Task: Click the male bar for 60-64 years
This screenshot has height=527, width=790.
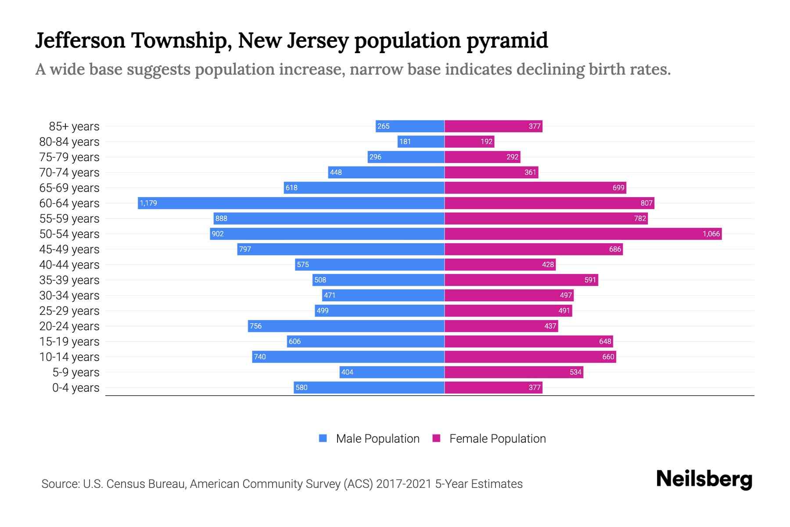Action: [291, 203]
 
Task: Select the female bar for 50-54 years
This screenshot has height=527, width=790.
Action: [583, 234]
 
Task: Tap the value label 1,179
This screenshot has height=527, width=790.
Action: [148, 203]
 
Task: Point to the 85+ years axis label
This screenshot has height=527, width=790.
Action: [74, 126]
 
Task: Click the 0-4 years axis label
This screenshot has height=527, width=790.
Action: [75, 388]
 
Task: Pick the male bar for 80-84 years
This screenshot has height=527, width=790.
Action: [421, 141]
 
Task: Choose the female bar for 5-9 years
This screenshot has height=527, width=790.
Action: [513, 372]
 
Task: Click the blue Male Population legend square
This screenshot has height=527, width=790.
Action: [323, 438]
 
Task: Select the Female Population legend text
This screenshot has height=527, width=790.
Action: [497, 438]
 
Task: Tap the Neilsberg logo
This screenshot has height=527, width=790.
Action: [704, 479]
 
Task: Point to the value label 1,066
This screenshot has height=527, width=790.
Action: [711, 234]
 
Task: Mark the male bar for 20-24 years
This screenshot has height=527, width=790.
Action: [346, 326]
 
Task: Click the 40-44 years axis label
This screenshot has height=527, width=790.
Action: [69, 265]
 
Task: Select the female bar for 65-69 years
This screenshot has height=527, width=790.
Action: [535, 188]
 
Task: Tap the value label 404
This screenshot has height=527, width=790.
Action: [347, 372]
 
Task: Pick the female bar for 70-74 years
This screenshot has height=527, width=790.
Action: [491, 172]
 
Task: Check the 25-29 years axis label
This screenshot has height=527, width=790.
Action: [69, 311]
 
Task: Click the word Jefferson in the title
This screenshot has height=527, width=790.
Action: [80, 40]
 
